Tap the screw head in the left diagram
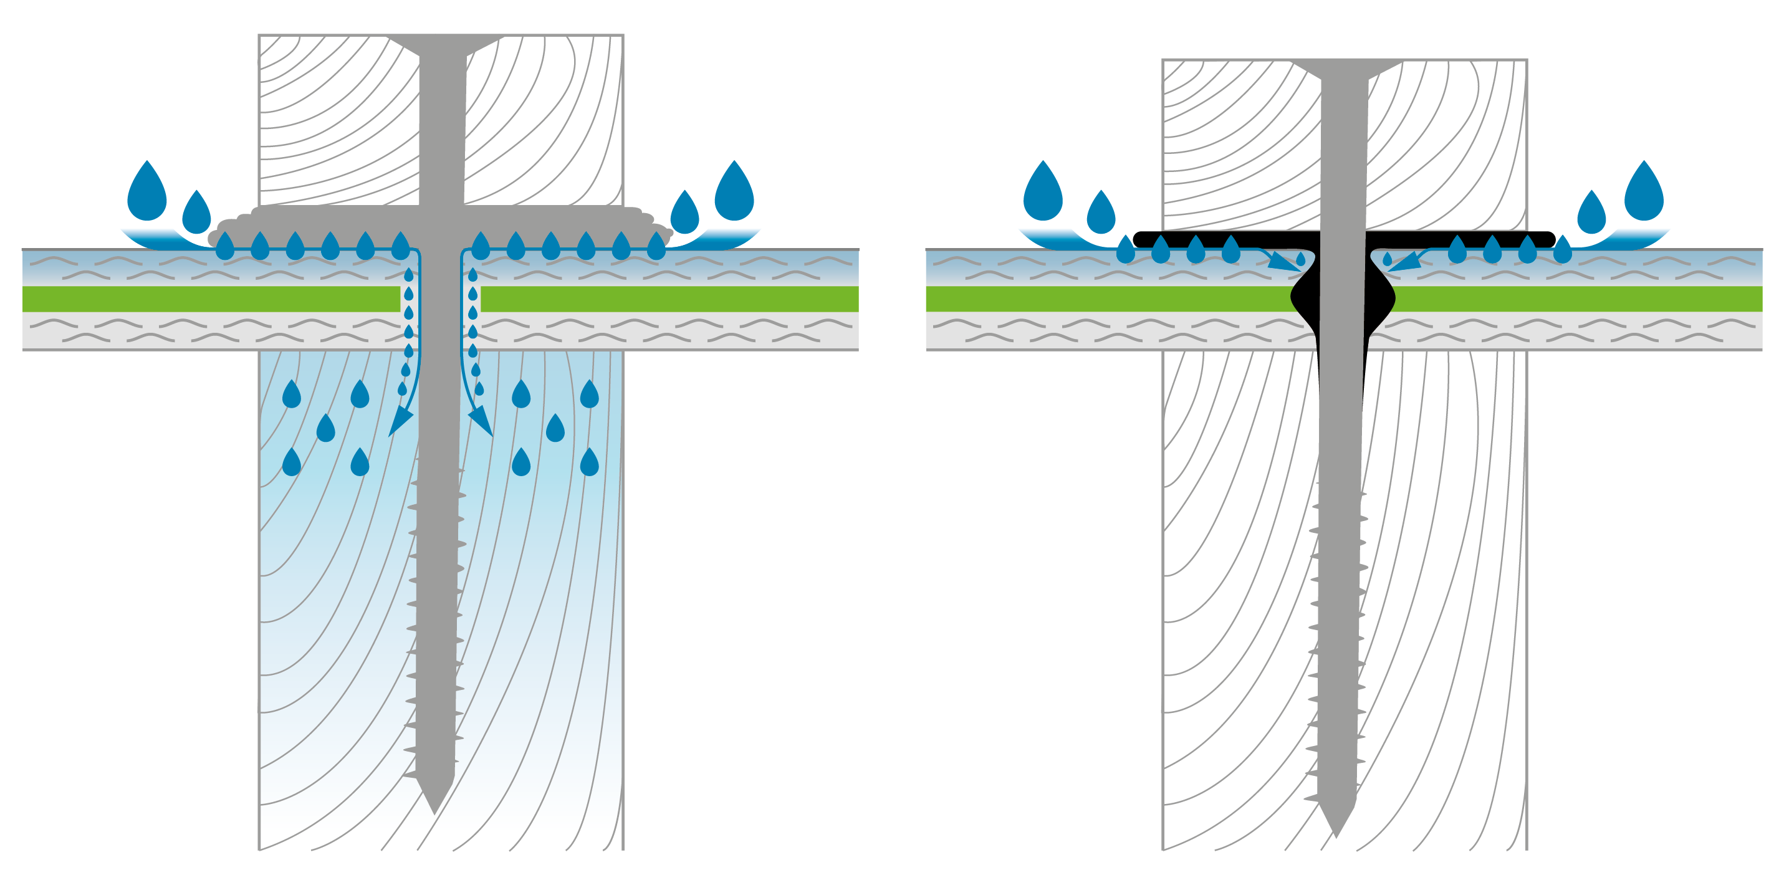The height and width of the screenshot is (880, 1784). [444, 43]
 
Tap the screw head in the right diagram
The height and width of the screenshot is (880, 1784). [1346, 67]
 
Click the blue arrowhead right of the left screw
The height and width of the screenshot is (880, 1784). [482, 423]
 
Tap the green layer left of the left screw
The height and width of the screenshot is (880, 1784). [208, 299]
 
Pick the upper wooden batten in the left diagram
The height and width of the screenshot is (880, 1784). [332, 118]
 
